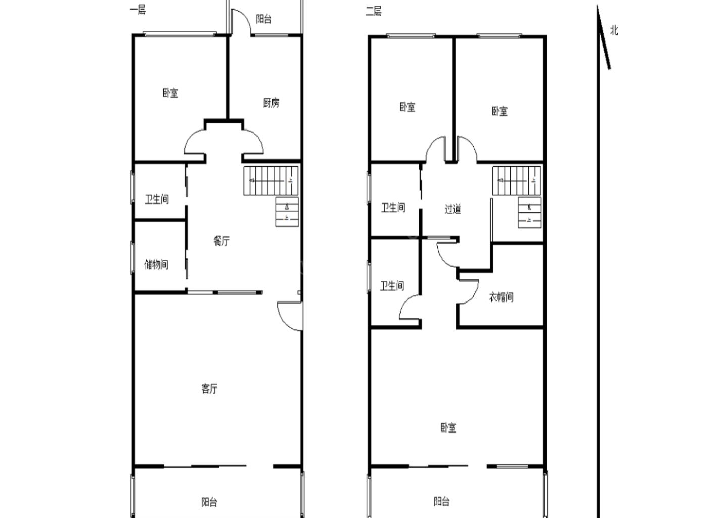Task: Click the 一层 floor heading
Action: [x=138, y=10]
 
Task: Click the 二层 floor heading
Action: [x=374, y=11]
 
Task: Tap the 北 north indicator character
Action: [x=614, y=30]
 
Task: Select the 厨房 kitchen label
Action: [x=271, y=103]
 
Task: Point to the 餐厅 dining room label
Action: [x=221, y=241]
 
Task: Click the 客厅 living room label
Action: [x=210, y=388]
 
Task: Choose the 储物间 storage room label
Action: [x=156, y=265]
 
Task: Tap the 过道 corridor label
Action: [x=453, y=209]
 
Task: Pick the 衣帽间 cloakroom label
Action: [x=501, y=297]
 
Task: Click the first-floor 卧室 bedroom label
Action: [x=171, y=93]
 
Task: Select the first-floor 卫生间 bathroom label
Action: [x=157, y=199]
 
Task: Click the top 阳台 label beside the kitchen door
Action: [x=263, y=19]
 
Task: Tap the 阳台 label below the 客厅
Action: [x=209, y=502]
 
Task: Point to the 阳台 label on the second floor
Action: [x=442, y=501]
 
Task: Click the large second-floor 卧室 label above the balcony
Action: [x=448, y=427]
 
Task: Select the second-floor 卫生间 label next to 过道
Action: [x=393, y=208]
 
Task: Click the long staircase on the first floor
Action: [x=271, y=181]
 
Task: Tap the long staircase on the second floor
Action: [x=517, y=181]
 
